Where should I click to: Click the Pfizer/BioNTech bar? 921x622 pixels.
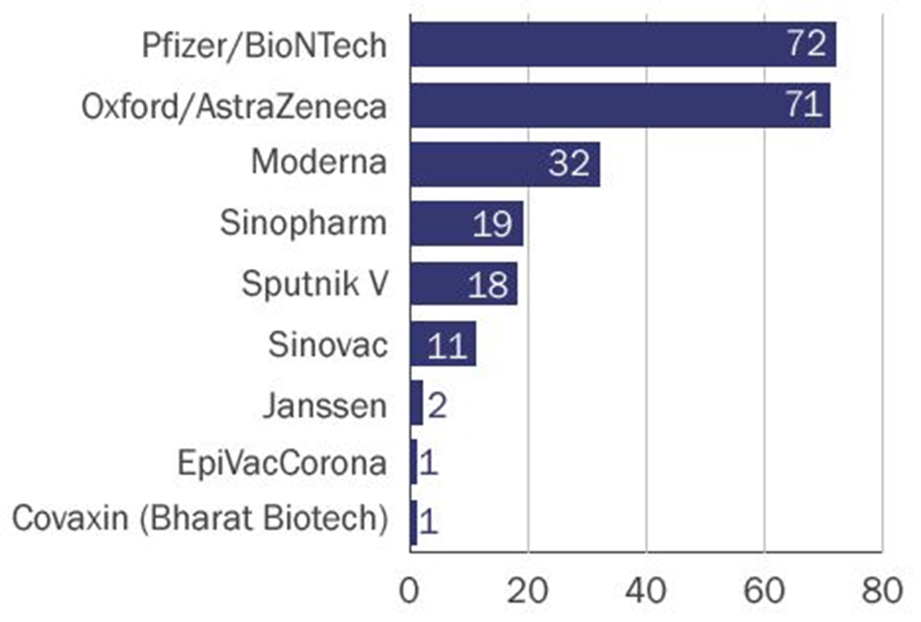tap(623, 44)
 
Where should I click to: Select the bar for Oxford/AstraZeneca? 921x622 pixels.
tap(620, 106)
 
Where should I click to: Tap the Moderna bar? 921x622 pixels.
tap(505, 164)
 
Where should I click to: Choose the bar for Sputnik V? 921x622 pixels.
tap(464, 284)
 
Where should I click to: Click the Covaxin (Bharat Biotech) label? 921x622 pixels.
tap(200, 518)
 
